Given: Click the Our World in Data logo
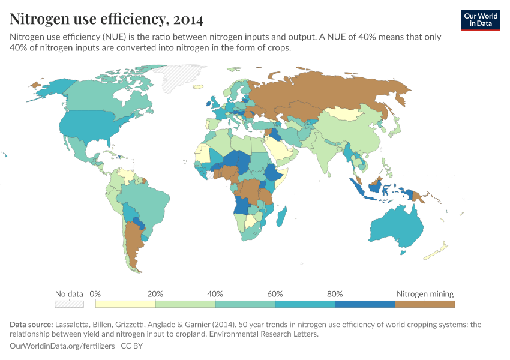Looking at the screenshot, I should pos(481,20).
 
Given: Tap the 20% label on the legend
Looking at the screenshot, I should pos(155,294).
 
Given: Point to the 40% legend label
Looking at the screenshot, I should pos(215,294).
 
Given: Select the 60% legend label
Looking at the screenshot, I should pos(275,294).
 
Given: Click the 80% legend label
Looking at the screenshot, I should pos(335,294).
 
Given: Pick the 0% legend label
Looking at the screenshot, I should pos(95,294).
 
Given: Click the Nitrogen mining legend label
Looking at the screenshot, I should pos(425,294).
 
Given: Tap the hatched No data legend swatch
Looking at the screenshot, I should pos(69,304).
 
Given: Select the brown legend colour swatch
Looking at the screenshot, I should pos(425,304).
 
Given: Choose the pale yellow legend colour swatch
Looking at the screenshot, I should pos(125,304).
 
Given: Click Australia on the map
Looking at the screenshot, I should pos(394,231).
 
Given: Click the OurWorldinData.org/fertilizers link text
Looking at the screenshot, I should pos(63,346).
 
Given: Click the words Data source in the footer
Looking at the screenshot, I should pos(31,325).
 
